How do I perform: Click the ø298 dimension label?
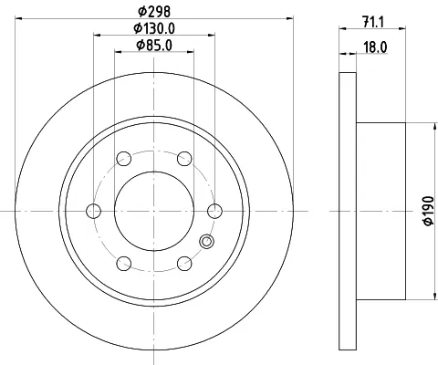[x=153, y=10]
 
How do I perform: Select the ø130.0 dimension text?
[x=153, y=28]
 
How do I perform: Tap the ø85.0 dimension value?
[x=153, y=45]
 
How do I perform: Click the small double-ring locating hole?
[x=205, y=242]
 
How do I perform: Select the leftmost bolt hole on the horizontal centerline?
[x=92, y=212]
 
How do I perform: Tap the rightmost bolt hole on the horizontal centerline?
[x=214, y=212]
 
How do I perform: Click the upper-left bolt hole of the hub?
[x=123, y=159]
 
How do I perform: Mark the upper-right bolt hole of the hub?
[x=183, y=159]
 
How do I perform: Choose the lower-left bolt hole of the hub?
[x=123, y=265]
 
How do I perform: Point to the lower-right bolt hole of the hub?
[x=183, y=265]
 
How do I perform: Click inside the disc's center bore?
[x=153, y=212]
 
